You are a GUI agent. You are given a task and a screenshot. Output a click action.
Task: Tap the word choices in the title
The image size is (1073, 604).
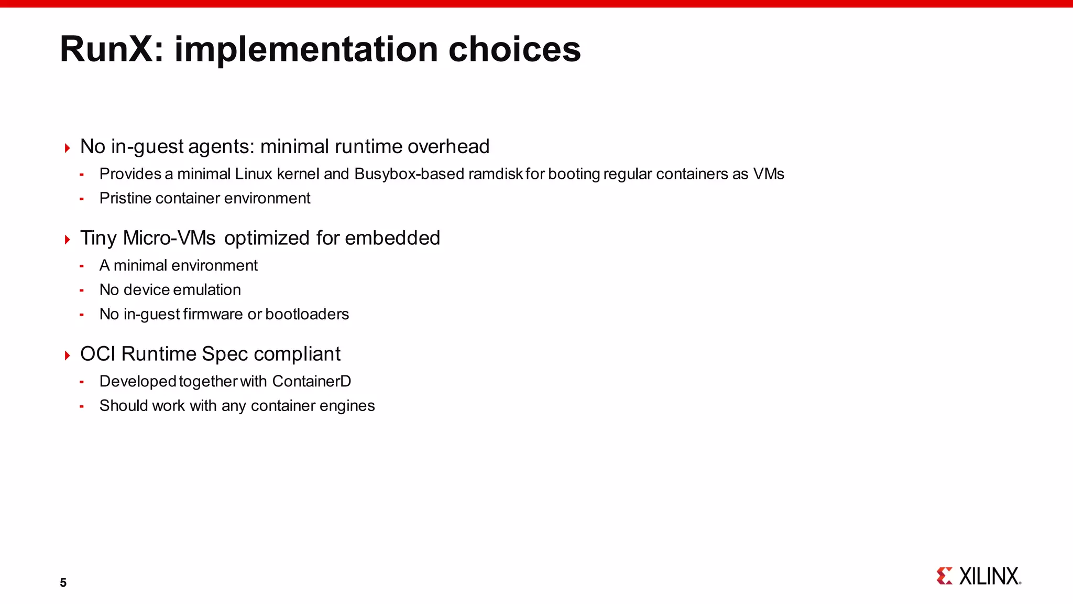click(x=514, y=49)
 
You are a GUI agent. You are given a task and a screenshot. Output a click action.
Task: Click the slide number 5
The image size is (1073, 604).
click(x=63, y=583)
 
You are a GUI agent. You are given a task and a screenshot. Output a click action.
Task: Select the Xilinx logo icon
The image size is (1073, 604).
click(x=944, y=576)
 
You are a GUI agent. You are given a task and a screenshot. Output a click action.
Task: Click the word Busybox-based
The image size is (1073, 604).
click(x=409, y=174)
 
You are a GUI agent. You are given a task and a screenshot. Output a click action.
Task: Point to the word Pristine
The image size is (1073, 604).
click(x=125, y=198)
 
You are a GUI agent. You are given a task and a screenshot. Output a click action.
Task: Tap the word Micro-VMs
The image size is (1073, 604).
click(x=169, y=238)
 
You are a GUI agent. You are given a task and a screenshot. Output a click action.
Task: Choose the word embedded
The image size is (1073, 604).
click(x=392, y=238)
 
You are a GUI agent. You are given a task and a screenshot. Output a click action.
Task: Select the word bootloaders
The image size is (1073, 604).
click(x=307, y=314)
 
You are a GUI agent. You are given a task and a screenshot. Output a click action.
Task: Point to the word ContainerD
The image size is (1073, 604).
click(x=312, y=381)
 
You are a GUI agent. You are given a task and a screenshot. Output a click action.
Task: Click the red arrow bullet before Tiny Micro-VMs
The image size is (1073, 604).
click(x=67, y=240)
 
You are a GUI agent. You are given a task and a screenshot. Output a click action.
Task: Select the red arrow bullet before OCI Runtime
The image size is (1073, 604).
click(x=67, y=356)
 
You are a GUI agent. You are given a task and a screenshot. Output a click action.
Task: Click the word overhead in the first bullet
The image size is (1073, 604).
click(x=448, y=147)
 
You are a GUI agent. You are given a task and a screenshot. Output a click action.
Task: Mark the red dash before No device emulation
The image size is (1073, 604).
click(x=82, y=290)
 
